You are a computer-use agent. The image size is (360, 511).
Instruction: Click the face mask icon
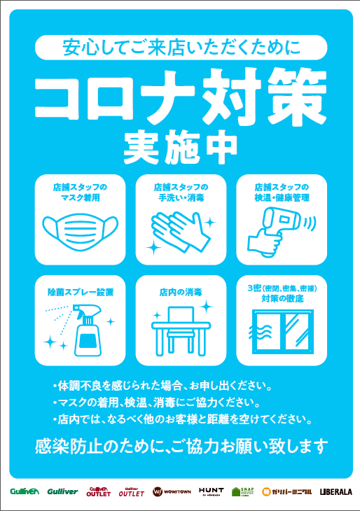80,229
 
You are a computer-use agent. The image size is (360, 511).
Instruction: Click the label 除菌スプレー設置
80,290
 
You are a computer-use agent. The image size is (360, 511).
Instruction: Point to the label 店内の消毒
181,290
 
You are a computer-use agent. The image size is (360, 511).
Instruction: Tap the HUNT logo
211,491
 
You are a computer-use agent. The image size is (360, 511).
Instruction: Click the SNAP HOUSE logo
244,491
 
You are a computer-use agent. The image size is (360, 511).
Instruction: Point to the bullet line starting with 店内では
181,419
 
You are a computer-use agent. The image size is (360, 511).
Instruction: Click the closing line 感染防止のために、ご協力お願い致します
181,445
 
